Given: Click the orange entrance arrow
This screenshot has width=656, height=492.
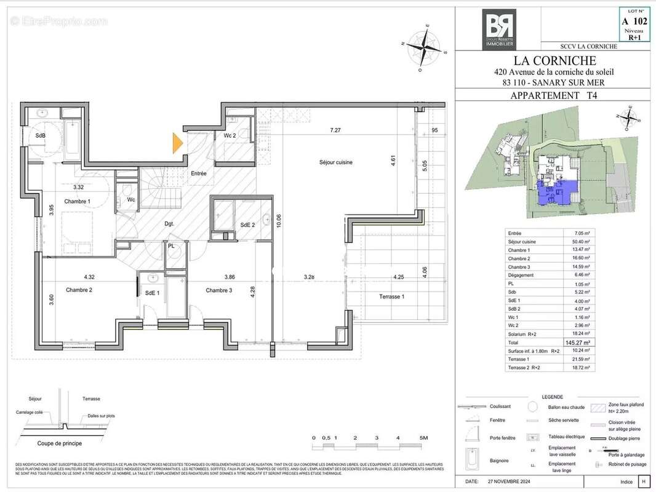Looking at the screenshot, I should (178, 143).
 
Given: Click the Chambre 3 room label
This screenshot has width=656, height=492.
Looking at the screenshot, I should (218, 290).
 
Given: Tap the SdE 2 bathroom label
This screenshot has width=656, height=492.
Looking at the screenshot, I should (247, 225).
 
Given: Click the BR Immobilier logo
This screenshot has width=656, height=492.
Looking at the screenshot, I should (498, 28).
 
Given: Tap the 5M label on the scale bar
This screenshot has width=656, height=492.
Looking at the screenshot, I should (423, 438).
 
